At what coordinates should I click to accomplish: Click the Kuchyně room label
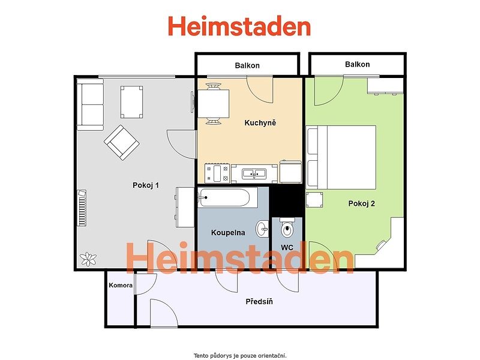(260, 123)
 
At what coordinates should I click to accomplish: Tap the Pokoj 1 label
(146, 185)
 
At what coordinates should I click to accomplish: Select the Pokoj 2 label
(362, 203)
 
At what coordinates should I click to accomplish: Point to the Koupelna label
(228, 233)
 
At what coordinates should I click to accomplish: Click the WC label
(287, 248)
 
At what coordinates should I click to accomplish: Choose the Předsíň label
(259, 302)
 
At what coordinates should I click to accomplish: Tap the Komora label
(121, 286)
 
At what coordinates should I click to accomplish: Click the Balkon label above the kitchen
(247, 65)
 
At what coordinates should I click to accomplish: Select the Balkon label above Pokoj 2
(357, 64)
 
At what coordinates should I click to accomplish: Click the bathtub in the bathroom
(223, 197)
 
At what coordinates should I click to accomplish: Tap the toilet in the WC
(287, 227)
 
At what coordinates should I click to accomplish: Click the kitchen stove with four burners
(217, 173)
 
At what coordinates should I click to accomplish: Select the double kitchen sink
(254, 173)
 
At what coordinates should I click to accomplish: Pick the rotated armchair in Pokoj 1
(122, 143)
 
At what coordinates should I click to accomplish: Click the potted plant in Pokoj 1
(88, 259)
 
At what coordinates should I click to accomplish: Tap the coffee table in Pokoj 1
(131, 102)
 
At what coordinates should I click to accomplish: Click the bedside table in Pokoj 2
(314, 200)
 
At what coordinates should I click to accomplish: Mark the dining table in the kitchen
(214, 104)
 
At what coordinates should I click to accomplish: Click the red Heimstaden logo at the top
(239, 26)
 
